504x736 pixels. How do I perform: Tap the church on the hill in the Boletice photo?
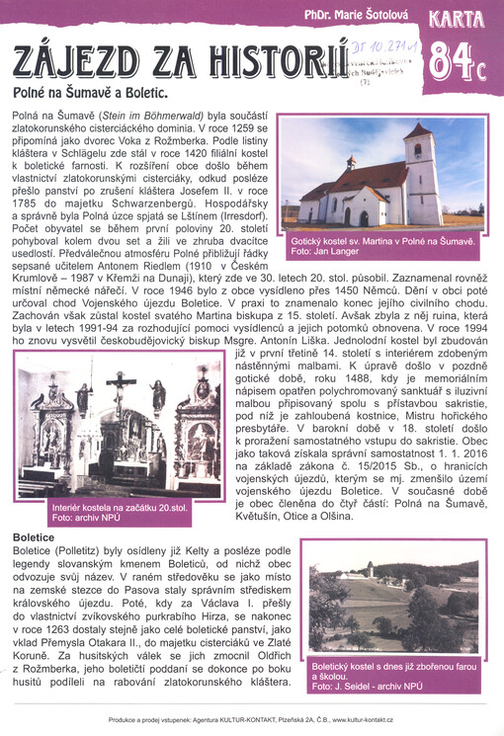tap(368, 570)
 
